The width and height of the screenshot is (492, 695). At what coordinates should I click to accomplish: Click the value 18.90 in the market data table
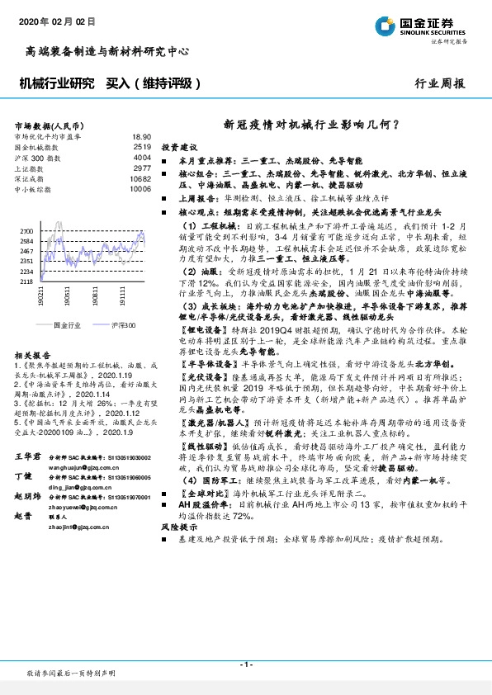(142, 137)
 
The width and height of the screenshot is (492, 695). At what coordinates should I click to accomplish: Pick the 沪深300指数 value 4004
(142, 157)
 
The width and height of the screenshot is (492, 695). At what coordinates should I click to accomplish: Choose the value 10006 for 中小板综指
(140, 188)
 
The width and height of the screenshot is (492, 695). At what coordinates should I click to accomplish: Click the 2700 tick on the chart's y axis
(28, 231)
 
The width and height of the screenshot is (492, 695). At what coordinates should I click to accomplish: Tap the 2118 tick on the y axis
(28, 281)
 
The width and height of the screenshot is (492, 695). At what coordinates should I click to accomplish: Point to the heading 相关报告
(33, 352)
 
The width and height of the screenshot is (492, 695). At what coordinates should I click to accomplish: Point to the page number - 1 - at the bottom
(245, 665)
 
